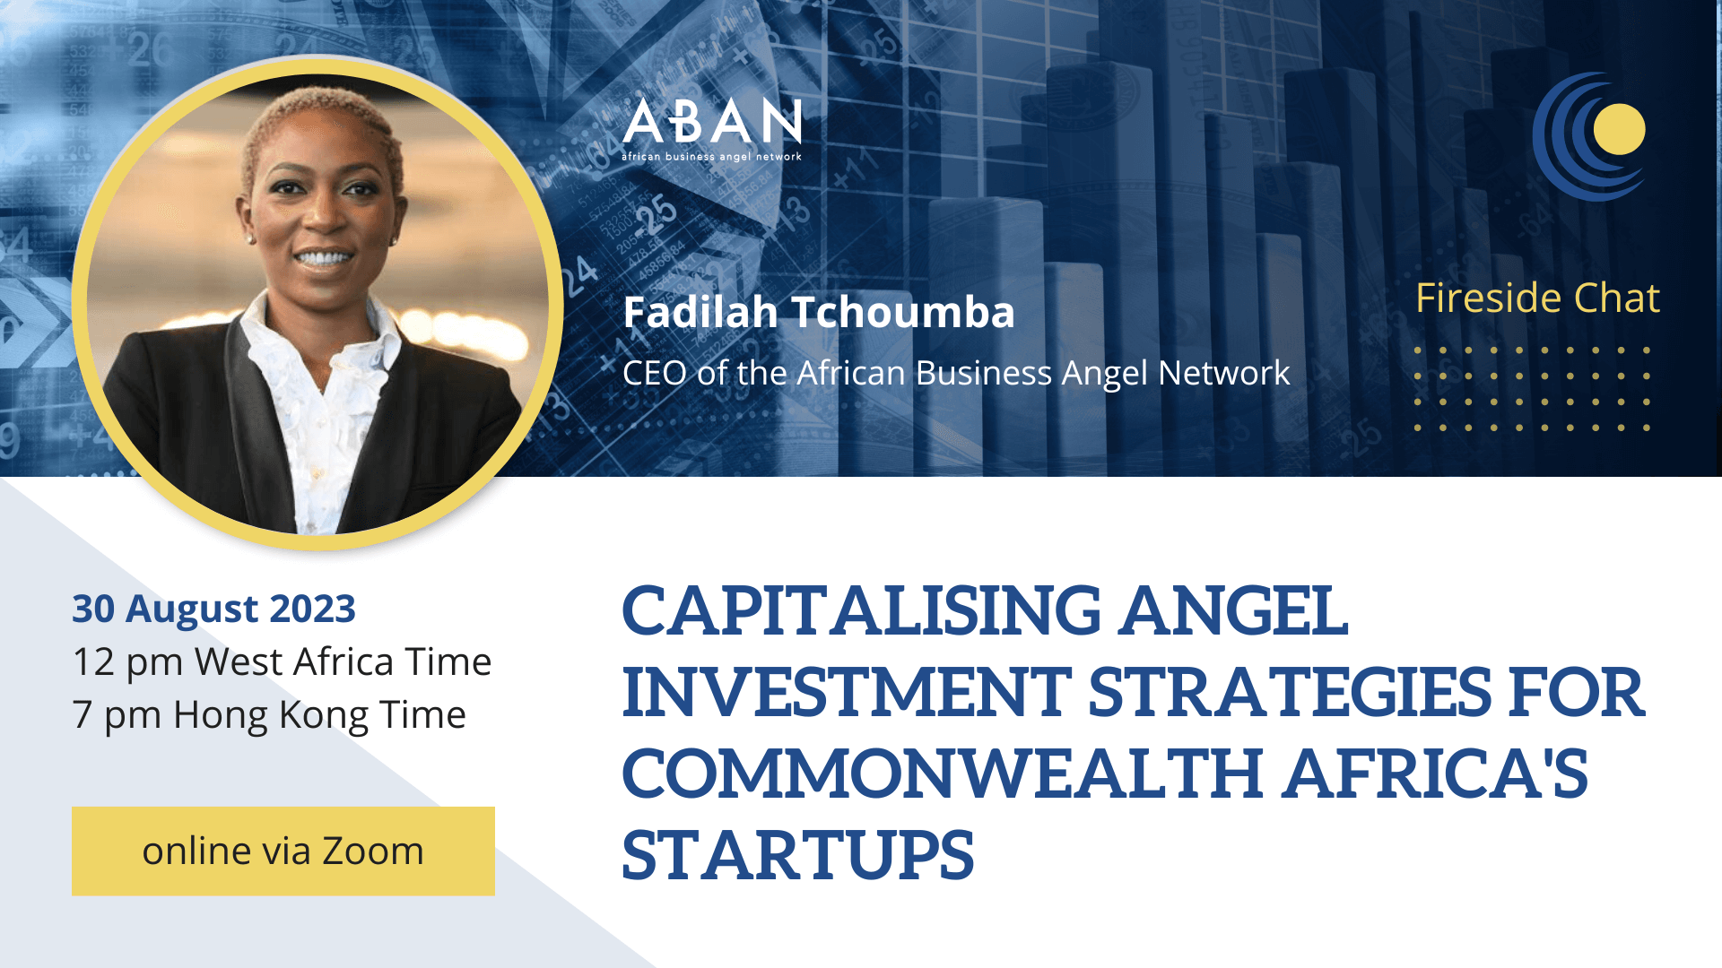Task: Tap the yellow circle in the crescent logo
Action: (x=1619, y=130)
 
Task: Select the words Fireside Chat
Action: (x=1537, y=298)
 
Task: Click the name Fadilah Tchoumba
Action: (x=818, y=313)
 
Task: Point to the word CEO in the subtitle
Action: (x=654, y=373)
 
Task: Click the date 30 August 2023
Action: (x=213, y=609)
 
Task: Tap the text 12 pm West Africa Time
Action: (x=282, y=661)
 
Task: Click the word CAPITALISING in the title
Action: (x=861, y=611)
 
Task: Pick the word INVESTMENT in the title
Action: (x=847, y=693)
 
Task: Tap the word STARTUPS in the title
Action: (x=797, y=856)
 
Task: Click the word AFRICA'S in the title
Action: (x=1435, y=774)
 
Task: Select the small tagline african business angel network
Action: (x=712, y=157)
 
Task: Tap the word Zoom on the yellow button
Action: (x=372, y=851)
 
